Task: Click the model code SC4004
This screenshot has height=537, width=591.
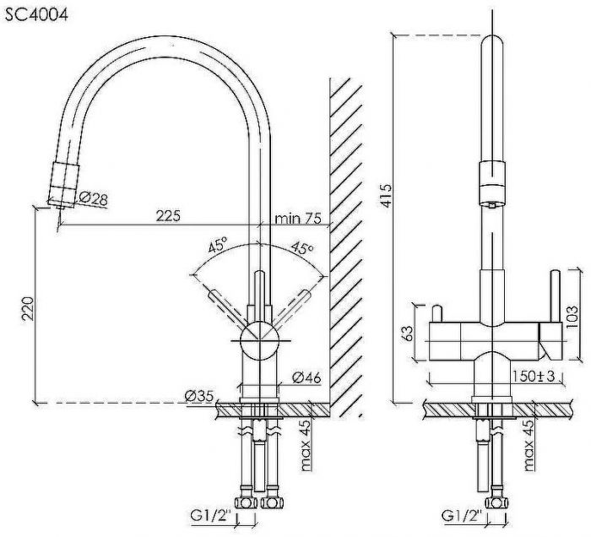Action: tap(36, 15)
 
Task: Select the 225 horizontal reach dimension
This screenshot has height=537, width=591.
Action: tap(169, 215)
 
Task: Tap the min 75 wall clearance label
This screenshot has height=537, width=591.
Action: tap(298, 218)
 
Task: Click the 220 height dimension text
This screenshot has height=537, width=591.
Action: tap(28, 309)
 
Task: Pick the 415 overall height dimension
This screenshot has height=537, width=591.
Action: tap(386, 195)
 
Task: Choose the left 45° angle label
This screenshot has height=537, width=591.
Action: tap(218, 246)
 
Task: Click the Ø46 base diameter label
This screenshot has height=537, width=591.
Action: tap(306, 377)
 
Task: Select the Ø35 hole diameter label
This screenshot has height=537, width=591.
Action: tap(199, 396)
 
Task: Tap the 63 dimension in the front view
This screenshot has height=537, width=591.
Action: tap(408, 334)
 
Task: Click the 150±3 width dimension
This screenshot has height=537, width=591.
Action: tap(534, 376)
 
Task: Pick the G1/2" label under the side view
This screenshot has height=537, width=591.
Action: tap(212, 516)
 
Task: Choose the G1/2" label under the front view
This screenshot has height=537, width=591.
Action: tap(462, 516)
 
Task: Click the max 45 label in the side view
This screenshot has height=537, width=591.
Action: tap(306, 445)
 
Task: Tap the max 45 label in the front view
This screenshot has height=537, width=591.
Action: tap(529, 445)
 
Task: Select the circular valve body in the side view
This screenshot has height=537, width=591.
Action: tap(259, 341)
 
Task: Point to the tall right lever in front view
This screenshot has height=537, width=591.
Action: tap(555, 296)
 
